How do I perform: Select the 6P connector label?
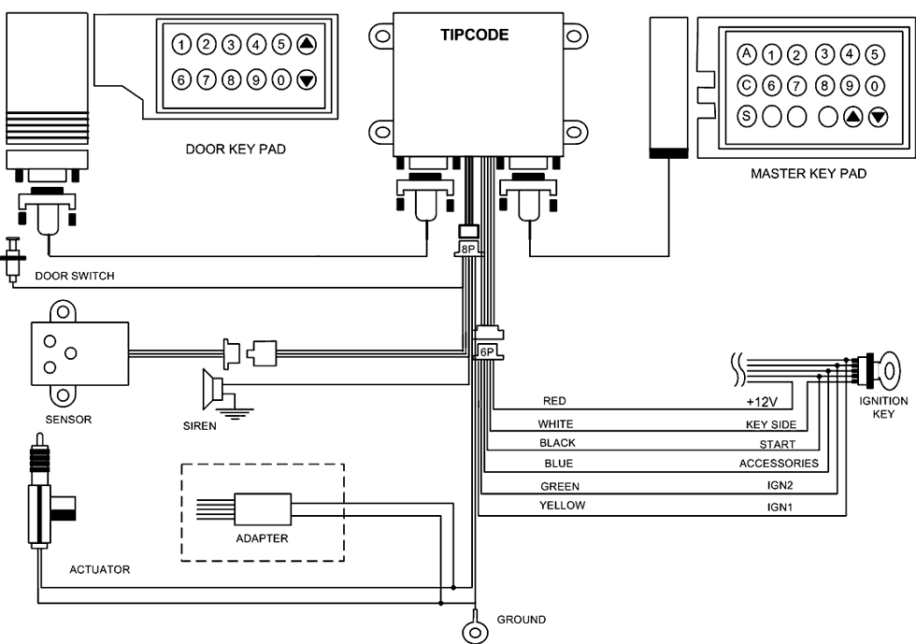click(x=487, y=351)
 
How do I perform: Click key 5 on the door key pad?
click(x=280, y=44)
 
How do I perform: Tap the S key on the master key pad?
click(x=746, y=116)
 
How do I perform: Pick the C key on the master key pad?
click(x=746, y=85)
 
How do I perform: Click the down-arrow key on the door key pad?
click(x=306, y=80)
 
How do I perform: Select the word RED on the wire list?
click(x=555, y=401)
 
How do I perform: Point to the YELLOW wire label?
click(x=562, y=506)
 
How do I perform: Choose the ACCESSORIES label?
click(x=779, y=464)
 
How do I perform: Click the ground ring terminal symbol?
click(x=477, y=631)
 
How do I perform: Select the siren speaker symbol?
click(x=214, y=386)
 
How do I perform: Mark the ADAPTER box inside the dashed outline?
click(x=263, y=511)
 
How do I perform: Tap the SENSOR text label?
click(x=69, y=420)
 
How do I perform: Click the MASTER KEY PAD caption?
click(x=809, y=174)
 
